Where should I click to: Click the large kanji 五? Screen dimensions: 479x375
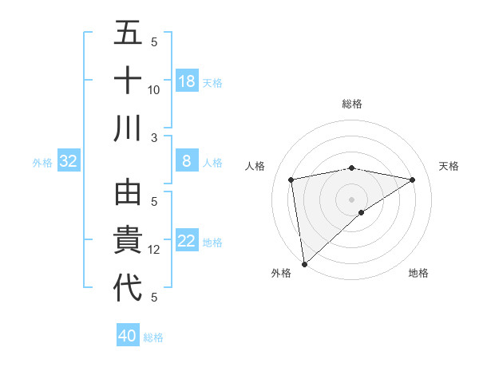[x=129, y=34]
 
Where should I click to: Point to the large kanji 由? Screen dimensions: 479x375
[x=129, y=194]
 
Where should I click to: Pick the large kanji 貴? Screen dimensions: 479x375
[x=129, y=241]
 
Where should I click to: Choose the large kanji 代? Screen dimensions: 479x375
[x=129, y=288]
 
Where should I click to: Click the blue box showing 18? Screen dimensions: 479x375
[x=187, y=81]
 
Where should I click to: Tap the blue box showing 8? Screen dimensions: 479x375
[x=187, y=161]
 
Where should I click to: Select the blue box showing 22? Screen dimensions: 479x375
[x=187, y=242]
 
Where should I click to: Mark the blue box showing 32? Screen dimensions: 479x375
[x=69, y=161]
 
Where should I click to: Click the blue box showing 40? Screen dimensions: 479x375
[x=128, y=336]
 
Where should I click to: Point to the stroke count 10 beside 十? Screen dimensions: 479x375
[x=154, y=89]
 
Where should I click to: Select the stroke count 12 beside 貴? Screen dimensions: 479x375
[x=154, y=250]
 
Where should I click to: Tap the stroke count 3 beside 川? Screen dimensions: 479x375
[x=155, y=137]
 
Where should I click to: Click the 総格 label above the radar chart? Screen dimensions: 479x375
[x=352, y=104]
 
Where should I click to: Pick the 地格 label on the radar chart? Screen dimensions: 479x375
[x=418, y=273]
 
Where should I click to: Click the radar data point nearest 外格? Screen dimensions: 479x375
[x=304, y=264]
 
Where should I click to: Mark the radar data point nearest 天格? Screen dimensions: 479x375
[x=413, y=180]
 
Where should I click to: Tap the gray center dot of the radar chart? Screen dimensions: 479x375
[x=352, y=199]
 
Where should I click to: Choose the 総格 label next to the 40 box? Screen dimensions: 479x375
[x=153, y=337]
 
